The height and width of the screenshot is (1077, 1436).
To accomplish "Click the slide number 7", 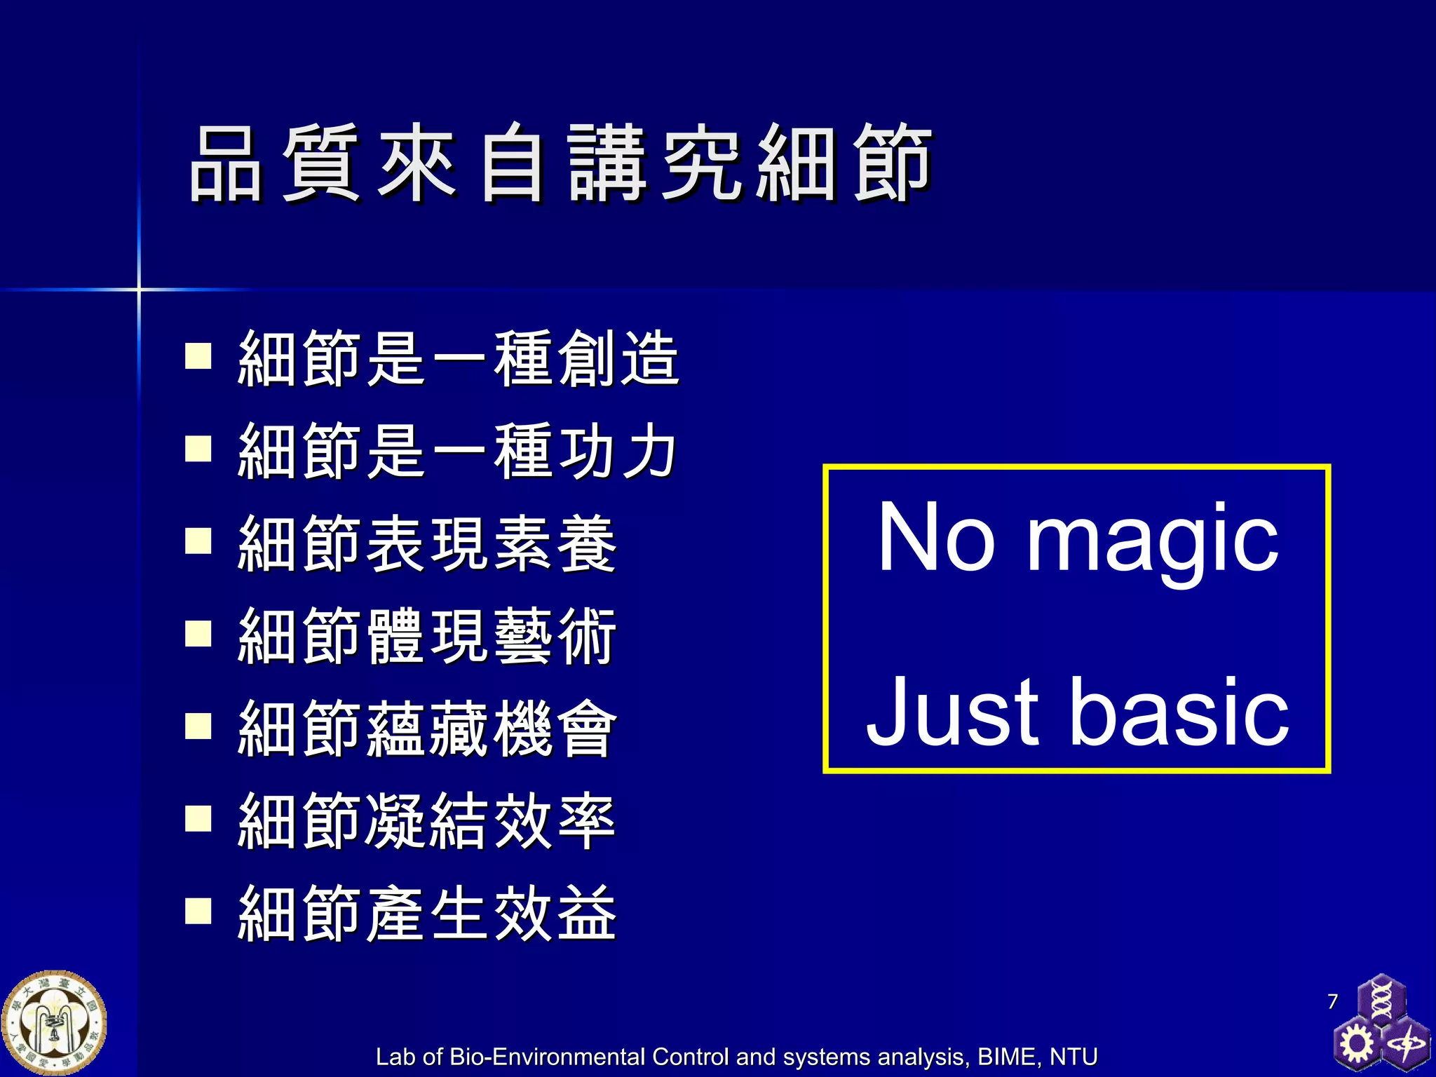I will point(1333,1001).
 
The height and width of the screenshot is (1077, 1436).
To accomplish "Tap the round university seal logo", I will point(54,1023).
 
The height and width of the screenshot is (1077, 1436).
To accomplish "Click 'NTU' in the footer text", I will point(1073,1057).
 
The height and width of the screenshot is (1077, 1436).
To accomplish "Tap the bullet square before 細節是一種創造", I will point(198,355).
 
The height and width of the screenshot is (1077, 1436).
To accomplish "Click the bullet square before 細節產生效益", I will point(198,911).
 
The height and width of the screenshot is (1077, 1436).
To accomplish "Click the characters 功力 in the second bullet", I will point(617,452).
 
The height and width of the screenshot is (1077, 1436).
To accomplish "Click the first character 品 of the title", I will point(226,165).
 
